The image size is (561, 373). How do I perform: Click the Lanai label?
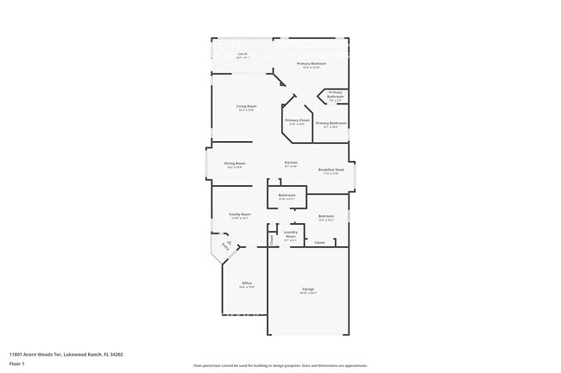[243, 54]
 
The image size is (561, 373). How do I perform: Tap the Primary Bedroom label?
[312, 64]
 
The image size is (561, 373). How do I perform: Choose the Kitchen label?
[292, 163]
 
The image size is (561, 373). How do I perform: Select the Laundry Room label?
[291, 233]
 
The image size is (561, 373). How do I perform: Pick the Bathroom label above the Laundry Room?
[287, 196]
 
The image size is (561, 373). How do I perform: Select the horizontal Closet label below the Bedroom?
[319, 243]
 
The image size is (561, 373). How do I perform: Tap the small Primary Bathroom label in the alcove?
[335, 95]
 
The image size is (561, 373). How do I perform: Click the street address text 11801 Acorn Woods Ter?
[66, 353]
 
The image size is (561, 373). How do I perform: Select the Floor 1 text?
[16, 364]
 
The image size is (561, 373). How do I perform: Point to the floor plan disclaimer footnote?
[280, 365]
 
